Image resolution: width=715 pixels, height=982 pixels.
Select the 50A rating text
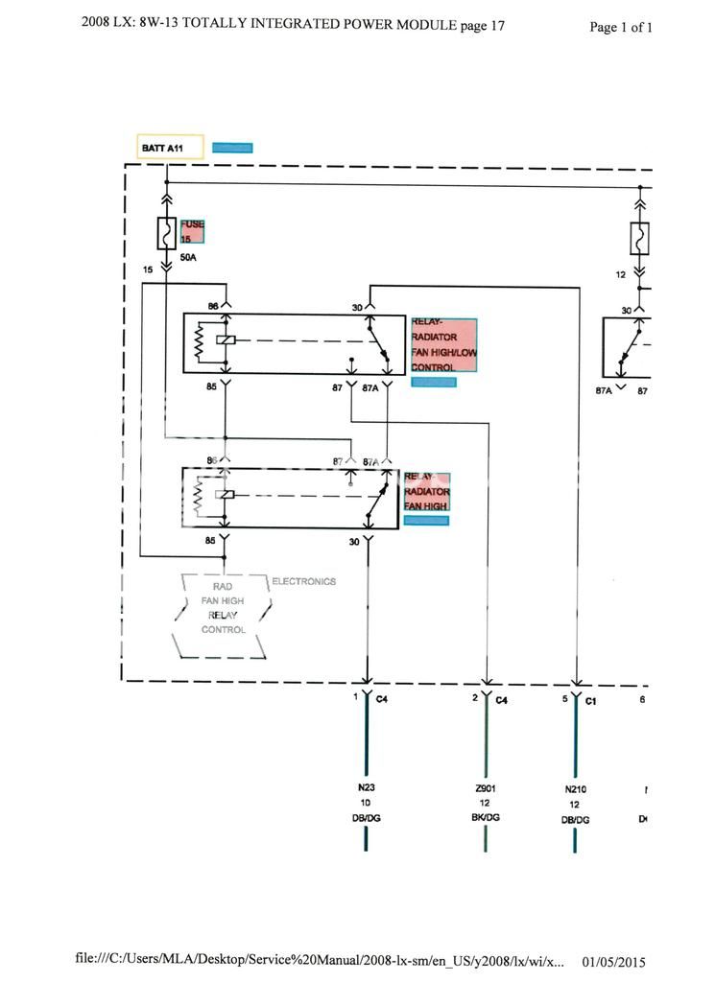[189, 257]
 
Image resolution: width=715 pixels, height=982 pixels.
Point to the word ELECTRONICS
[304, 582]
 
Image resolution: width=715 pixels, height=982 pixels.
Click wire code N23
[366, 788]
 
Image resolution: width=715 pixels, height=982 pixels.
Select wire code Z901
[485, 788]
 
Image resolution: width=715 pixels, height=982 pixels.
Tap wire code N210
[576, 789]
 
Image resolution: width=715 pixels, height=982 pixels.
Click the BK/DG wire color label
[485, 819]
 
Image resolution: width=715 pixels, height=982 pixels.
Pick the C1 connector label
[591, 701]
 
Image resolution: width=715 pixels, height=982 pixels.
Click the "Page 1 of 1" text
[621, 28]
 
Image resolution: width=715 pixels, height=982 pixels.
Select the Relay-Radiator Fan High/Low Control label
[443, 345]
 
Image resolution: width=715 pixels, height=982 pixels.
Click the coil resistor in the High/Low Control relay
[200, 342]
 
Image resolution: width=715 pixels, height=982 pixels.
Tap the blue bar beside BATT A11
[232, 148]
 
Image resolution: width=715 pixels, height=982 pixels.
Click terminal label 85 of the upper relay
[212, 388]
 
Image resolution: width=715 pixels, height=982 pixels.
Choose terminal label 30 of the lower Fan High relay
[354, 542]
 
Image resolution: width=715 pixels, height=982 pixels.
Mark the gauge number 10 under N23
[366, 803]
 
